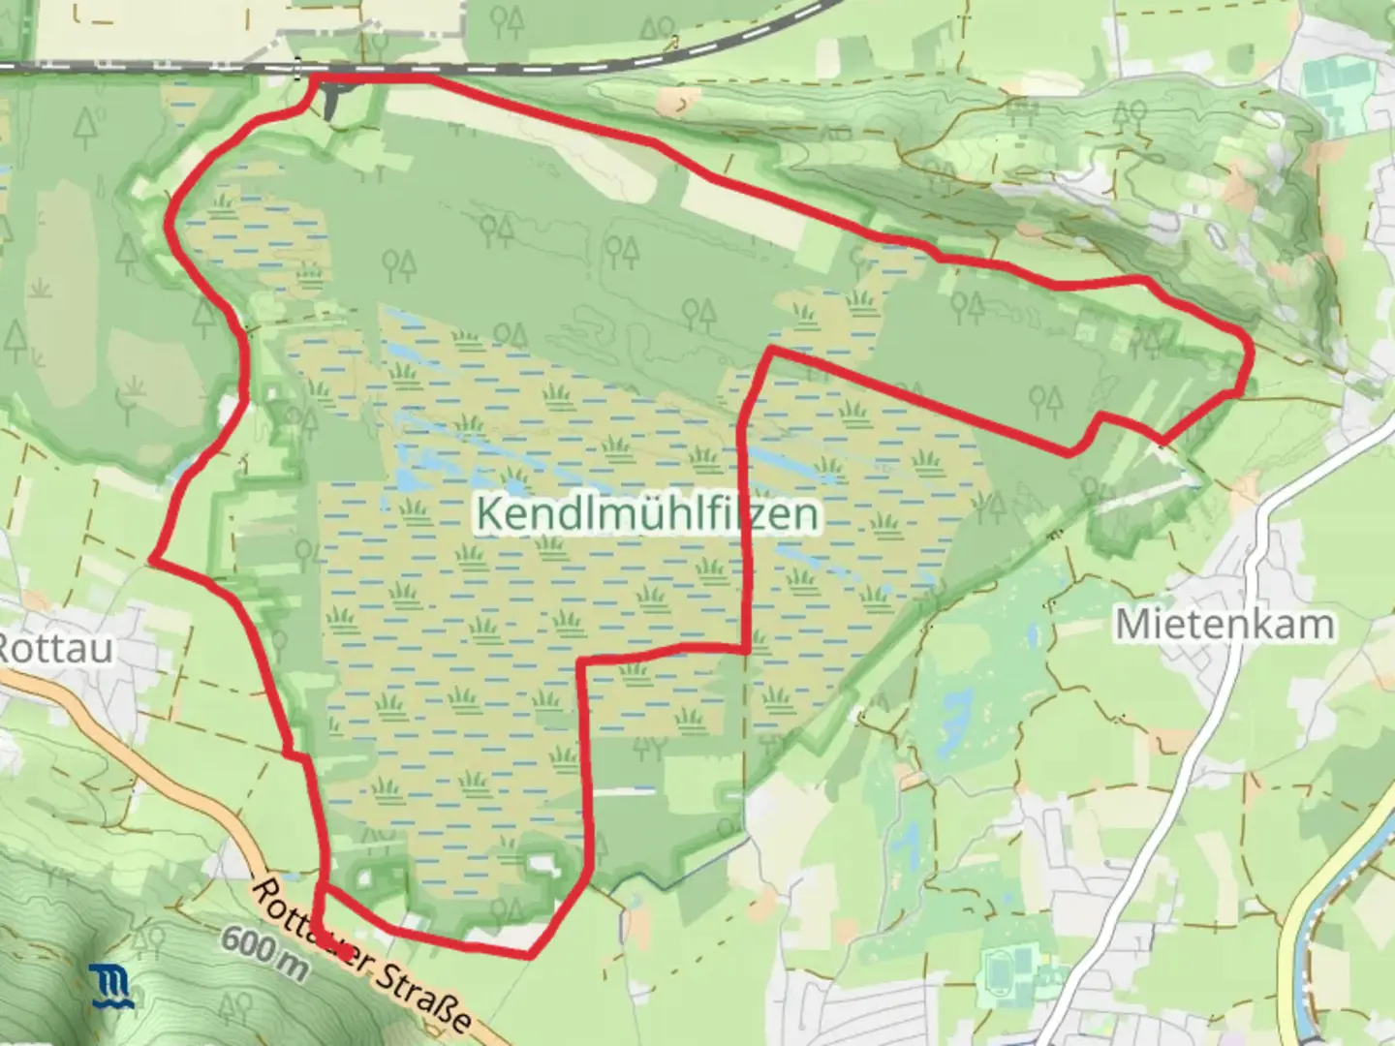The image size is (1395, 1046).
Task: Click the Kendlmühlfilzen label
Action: pos(647,514)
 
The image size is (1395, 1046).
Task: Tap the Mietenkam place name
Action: pos(1224,625)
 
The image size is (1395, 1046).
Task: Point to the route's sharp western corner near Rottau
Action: pos(153,559)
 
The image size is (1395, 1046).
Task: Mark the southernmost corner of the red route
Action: pos(529,955)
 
